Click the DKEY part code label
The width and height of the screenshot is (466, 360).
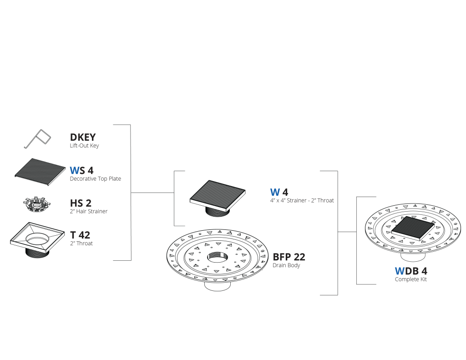[x=83, y=137]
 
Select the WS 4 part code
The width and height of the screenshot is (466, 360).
[x=81, y=170]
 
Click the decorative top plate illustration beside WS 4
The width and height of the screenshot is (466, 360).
[x=40, y=172]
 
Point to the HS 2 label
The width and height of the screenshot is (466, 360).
[x=81, y=203]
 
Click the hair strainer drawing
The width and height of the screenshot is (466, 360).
[x=36, y=204]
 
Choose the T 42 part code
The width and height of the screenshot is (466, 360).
[x=80, y=235]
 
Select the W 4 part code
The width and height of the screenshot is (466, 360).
[x=279, y=192]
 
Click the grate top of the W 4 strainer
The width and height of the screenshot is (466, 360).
[x=218, y=192]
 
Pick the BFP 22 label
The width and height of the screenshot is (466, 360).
[x=289, y=257]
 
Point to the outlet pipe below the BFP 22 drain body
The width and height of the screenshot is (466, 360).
[x=218, y=286]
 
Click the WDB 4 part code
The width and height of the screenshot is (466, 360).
[x=411, y=271]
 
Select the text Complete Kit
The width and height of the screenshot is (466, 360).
[x=411, y=279]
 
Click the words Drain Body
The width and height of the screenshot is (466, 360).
[x=286, y=265]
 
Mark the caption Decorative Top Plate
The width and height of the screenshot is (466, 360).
[x=96, y=179]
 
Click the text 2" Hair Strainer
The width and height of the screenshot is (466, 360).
[x=89, y=211]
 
